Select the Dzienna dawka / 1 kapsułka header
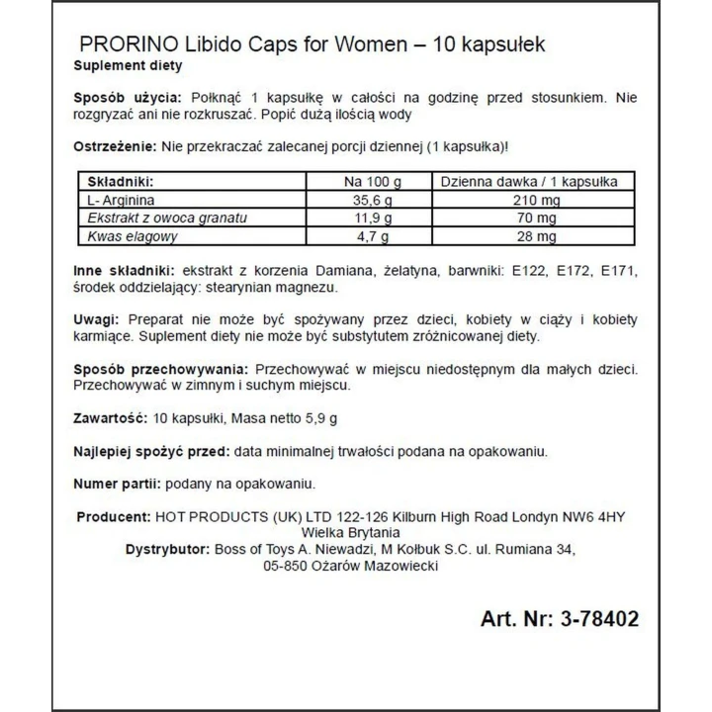pyautogui.click(x=529, y=182)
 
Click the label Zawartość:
pyautogui.click(x=111, y=418)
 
